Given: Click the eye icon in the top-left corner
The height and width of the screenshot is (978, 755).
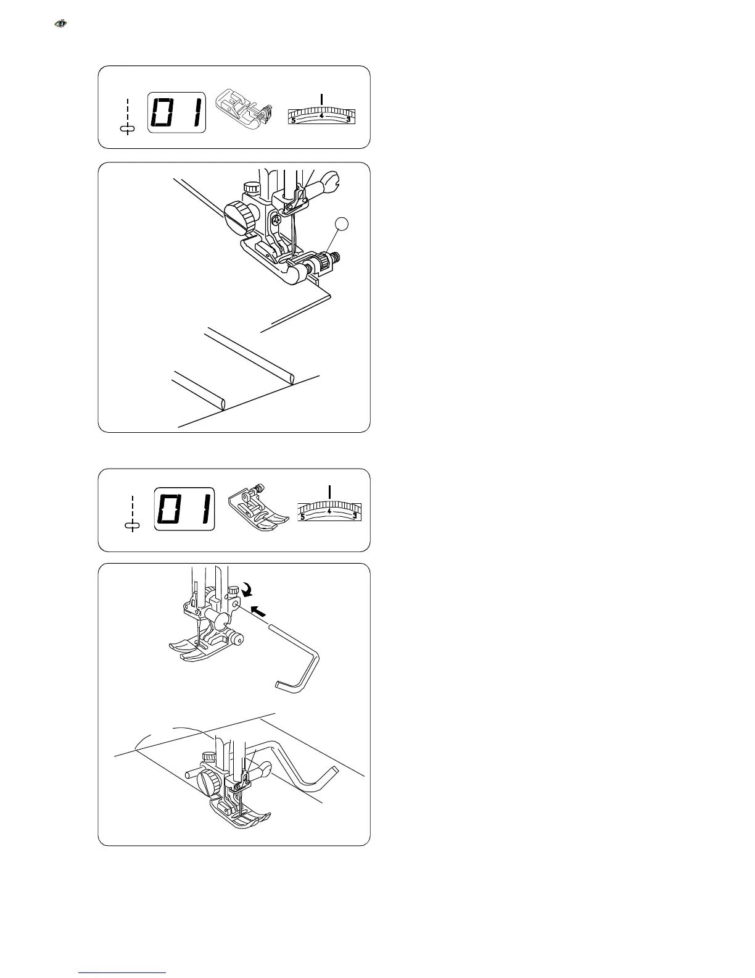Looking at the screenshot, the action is point(60,24).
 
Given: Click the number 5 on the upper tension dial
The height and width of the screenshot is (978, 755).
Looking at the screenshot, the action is point(293,120).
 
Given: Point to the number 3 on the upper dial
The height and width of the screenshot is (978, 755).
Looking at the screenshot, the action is point(349,119).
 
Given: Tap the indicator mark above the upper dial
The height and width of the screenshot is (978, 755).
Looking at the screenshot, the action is point(321,99).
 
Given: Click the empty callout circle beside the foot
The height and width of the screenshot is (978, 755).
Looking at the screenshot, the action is point(342,226).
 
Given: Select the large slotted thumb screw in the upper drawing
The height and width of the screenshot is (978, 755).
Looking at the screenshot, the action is point(239,214).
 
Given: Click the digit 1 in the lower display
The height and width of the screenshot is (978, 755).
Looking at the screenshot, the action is point(201,510).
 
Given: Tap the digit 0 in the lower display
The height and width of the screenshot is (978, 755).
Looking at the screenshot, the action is point(170,510).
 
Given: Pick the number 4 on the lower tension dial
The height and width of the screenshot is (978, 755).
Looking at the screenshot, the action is point(329,511).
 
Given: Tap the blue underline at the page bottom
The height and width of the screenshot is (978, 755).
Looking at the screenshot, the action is point(123,972).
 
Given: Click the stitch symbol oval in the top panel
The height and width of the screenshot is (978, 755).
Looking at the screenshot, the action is point(128,128).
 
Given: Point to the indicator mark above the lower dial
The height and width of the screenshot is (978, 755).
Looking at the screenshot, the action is point(330,491).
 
